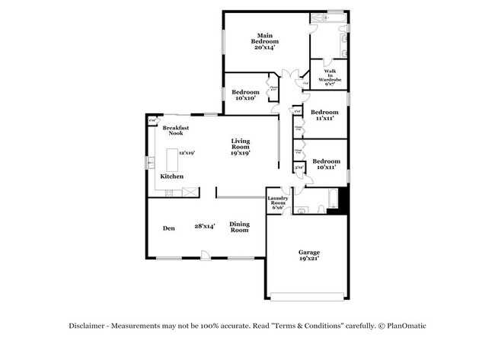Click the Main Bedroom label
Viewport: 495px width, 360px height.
click(x=264, y=41)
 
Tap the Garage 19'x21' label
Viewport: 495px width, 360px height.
click(x=308, y=255)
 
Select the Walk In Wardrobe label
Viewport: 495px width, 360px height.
click(x=329, y=76)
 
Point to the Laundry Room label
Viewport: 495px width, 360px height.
click(x=277, y=203)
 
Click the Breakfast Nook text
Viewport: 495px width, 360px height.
click(x=176, y=130)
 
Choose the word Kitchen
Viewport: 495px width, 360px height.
click(x=171, y=176)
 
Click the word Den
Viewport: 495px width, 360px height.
click(x=169, y=228)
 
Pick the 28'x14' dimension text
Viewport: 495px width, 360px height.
click(x=204, y=225)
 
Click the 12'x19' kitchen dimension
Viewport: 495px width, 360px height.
click(x=187, y=152)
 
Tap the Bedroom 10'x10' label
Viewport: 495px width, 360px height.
click(x=246, y=95)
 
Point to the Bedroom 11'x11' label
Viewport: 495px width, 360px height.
click(x=324, y=114)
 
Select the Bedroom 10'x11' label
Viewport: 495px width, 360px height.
click(x=326, y=164)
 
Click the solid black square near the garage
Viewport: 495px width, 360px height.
click(x=342, y=202)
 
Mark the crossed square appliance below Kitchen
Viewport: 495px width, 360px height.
click(x=168, y=193)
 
